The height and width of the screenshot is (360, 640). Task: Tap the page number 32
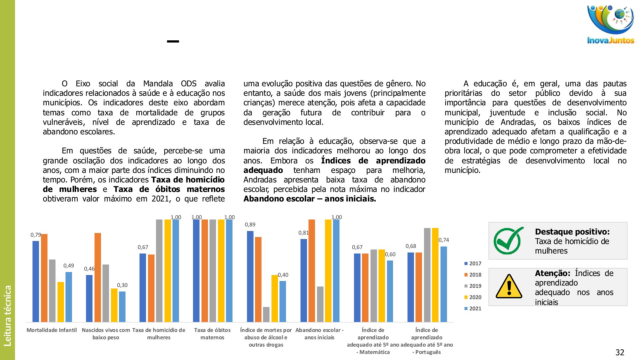click(x=620, y=352)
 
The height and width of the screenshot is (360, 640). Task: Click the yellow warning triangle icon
click(x=509, y=287)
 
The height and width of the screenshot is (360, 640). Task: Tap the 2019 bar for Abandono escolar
click(x=320, y=304)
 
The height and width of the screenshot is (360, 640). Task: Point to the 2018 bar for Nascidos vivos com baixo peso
click(x=98, y=277)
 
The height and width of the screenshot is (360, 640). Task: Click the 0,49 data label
click(x=69, y=266)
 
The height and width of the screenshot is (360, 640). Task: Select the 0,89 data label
click(x=250, y=225)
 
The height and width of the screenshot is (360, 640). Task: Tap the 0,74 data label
click(x=444, y=240)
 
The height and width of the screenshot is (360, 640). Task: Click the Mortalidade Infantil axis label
click(x=52, y=330)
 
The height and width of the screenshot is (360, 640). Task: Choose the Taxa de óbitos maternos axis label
click(x=212, y=334)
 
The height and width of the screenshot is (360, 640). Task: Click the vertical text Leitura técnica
click(x=7, y=315)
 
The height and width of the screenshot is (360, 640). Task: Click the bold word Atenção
click(x=552, y=273)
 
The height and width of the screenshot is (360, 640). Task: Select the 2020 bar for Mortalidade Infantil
click(x=61, y=302)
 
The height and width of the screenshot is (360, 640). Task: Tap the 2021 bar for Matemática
click(x=390, y=291)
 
